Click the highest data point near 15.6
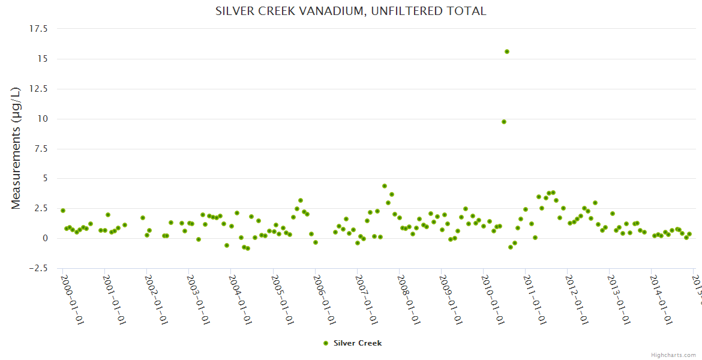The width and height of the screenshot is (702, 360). coord(507,52)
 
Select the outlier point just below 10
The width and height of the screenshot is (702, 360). coord(504,122)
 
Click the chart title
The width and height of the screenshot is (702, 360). coord(351,11)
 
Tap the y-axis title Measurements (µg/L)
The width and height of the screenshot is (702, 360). coord(16,148)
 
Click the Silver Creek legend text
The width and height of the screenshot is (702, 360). coord(358,343)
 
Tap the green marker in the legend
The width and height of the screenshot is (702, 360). coord(326,343)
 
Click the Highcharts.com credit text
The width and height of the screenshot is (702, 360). coord(673,355)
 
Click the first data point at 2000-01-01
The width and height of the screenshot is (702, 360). coord(63,211)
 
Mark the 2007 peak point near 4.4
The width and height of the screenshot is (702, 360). coord(385,186)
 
